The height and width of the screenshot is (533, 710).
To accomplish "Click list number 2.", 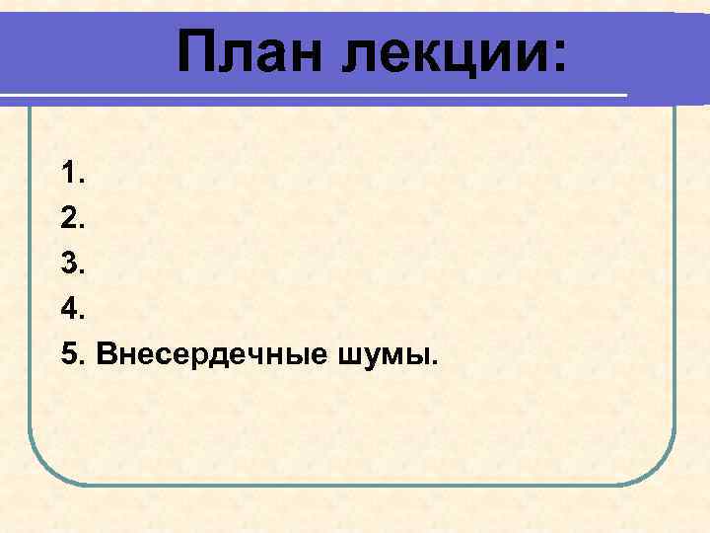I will pyautogui.click(x=73, y=220).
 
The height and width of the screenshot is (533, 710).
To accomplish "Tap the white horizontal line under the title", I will pyautogui.click(x=296, y=96).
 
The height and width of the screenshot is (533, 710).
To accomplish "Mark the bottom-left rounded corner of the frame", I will pyautogui.click(x=44, y=464).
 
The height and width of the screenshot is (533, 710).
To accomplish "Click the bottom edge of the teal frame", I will pyautogui.click(x=355, y=484).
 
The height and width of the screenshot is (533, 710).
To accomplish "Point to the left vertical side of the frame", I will pyautogui.click(x=31, y=296).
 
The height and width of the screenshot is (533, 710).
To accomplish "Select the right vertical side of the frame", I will pyautogui.click(x=674, y=296).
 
